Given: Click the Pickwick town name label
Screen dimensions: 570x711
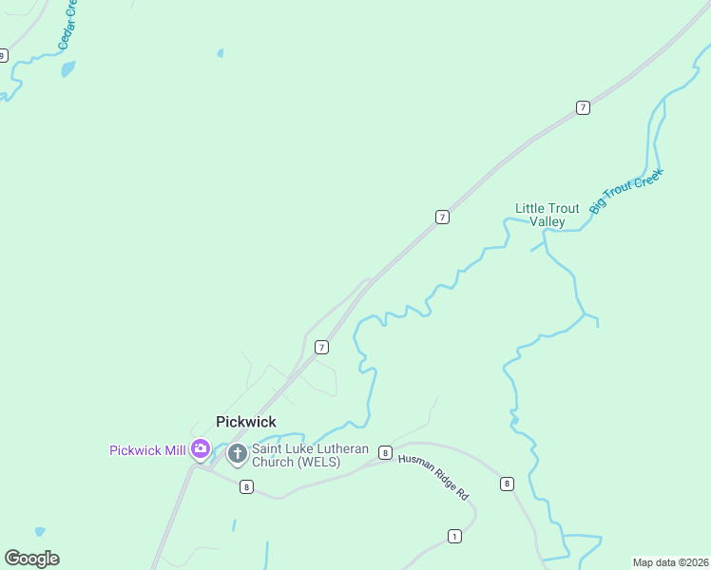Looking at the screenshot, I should (245, 421).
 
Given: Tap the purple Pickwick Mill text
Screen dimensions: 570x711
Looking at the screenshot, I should (147, 450).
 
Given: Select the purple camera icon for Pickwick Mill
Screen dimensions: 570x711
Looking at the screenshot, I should (201, 449).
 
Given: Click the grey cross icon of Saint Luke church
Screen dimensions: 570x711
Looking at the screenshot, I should (237, 454).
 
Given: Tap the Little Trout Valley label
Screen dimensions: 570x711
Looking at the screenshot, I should (547, 215).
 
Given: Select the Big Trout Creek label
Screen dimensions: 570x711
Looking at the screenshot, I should (625, 191).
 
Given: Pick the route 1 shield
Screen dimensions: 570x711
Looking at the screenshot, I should (454, 537).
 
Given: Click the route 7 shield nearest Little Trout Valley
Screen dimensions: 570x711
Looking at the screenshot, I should (442, 218).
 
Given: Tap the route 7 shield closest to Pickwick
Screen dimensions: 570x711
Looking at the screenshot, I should (321, 348).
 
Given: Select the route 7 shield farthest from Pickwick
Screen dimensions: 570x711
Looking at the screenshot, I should (583, 107).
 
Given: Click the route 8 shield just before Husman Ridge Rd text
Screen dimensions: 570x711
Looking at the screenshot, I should (385, 452).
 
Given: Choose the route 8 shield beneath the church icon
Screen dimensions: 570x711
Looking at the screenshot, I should (246, 487).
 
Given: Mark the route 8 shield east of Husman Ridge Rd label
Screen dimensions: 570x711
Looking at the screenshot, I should (507, 484).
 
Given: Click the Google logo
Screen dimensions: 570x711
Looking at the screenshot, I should (31, 559).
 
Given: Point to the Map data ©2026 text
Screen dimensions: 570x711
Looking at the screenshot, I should (670, 562).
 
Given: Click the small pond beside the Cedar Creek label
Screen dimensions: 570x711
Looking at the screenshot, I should (67, 68).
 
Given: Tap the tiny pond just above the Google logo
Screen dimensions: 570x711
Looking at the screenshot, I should (39, 532).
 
